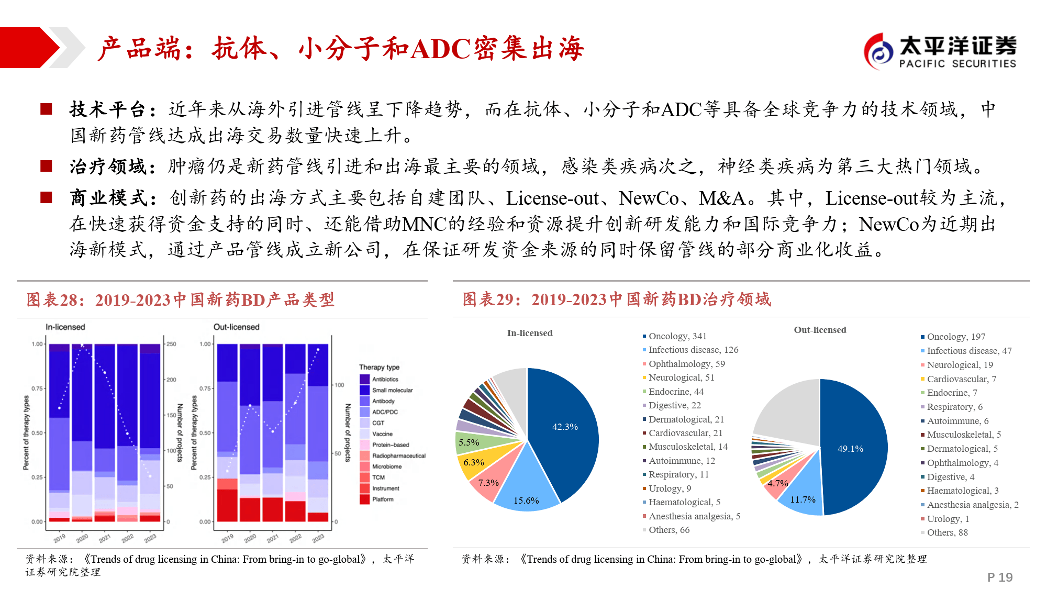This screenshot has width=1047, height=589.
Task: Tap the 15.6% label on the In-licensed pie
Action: (526, 501)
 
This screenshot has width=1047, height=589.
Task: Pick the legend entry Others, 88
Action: (947, 532)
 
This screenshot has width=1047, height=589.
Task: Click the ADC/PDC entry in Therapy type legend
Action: (385, 412)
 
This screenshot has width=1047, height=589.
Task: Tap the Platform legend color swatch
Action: (365, 499)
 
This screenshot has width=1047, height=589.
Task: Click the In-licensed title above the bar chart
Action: (65, 327)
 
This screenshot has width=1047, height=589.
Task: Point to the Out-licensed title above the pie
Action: (820, 330)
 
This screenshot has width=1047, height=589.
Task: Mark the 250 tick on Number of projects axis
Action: (171, 344)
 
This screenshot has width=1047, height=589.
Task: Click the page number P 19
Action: (999, 577)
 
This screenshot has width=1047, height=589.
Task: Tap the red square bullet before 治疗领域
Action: (47, 166)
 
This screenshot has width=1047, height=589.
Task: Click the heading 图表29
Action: (489, 299)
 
